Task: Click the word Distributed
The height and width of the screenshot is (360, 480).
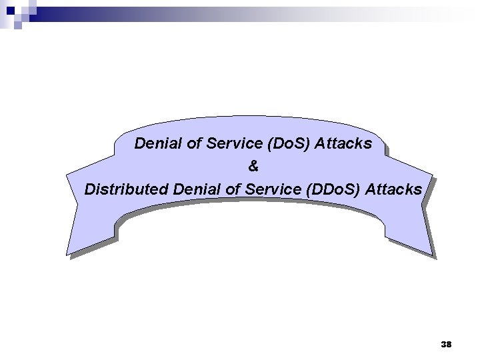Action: [125, 189]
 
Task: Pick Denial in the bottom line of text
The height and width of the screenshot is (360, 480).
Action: [193, 189]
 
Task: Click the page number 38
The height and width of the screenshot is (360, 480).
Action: [447, 344]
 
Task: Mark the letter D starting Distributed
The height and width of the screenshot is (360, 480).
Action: [90, 189]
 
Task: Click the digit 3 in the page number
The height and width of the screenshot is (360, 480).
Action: [443, 344]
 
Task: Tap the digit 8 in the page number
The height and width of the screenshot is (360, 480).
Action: [449, 344]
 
